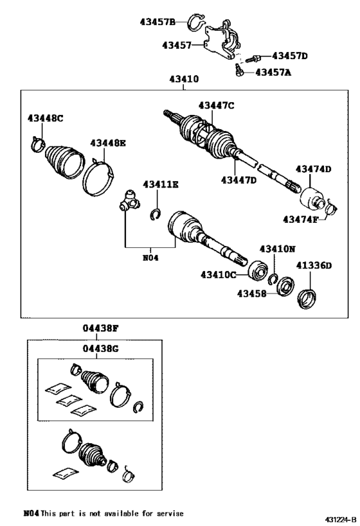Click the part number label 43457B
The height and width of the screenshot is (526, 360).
157,22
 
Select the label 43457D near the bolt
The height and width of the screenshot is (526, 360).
290,56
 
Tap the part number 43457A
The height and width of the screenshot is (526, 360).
273,73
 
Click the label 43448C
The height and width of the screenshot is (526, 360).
46,118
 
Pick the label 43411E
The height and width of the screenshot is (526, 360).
161,185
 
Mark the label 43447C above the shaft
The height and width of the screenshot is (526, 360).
216,105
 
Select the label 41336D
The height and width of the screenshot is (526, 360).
314,265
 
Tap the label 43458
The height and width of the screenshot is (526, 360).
251,294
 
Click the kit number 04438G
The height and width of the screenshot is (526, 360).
100,349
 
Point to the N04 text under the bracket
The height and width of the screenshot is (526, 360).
150,258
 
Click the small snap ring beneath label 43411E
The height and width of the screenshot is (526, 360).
155,215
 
